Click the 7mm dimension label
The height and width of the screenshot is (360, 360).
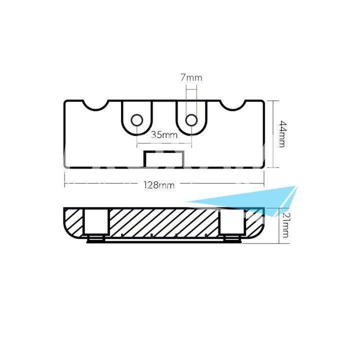(191, 78)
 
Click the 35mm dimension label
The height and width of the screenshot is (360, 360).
(164, 134)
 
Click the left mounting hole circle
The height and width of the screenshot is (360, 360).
(136, 120)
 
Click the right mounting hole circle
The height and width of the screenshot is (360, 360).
(191, 120)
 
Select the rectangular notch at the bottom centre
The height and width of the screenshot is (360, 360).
(164, 159)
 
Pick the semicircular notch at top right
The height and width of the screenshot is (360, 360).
(233, 104)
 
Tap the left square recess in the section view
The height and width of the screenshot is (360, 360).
(96, 221)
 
